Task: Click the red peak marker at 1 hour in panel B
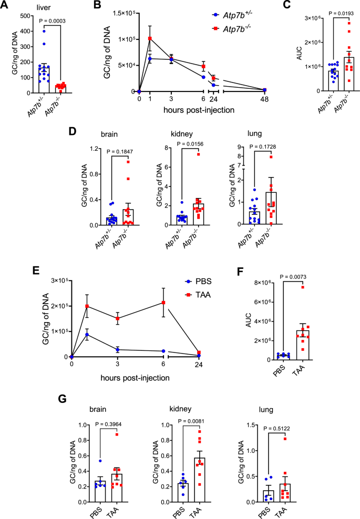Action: tap(150, 38)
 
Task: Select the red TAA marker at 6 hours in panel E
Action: tap(164, 303)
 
